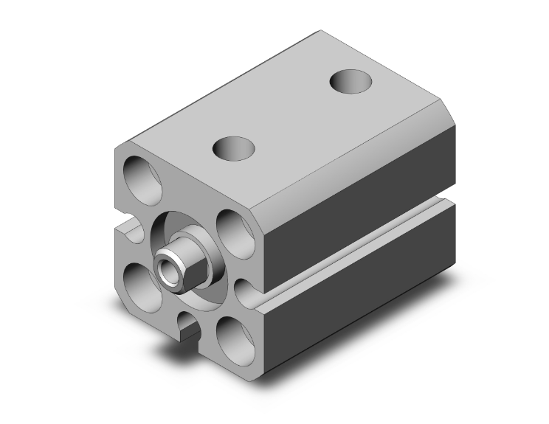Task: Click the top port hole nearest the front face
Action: (x=232, y=148)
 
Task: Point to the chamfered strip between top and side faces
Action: (x=354, y=147)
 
